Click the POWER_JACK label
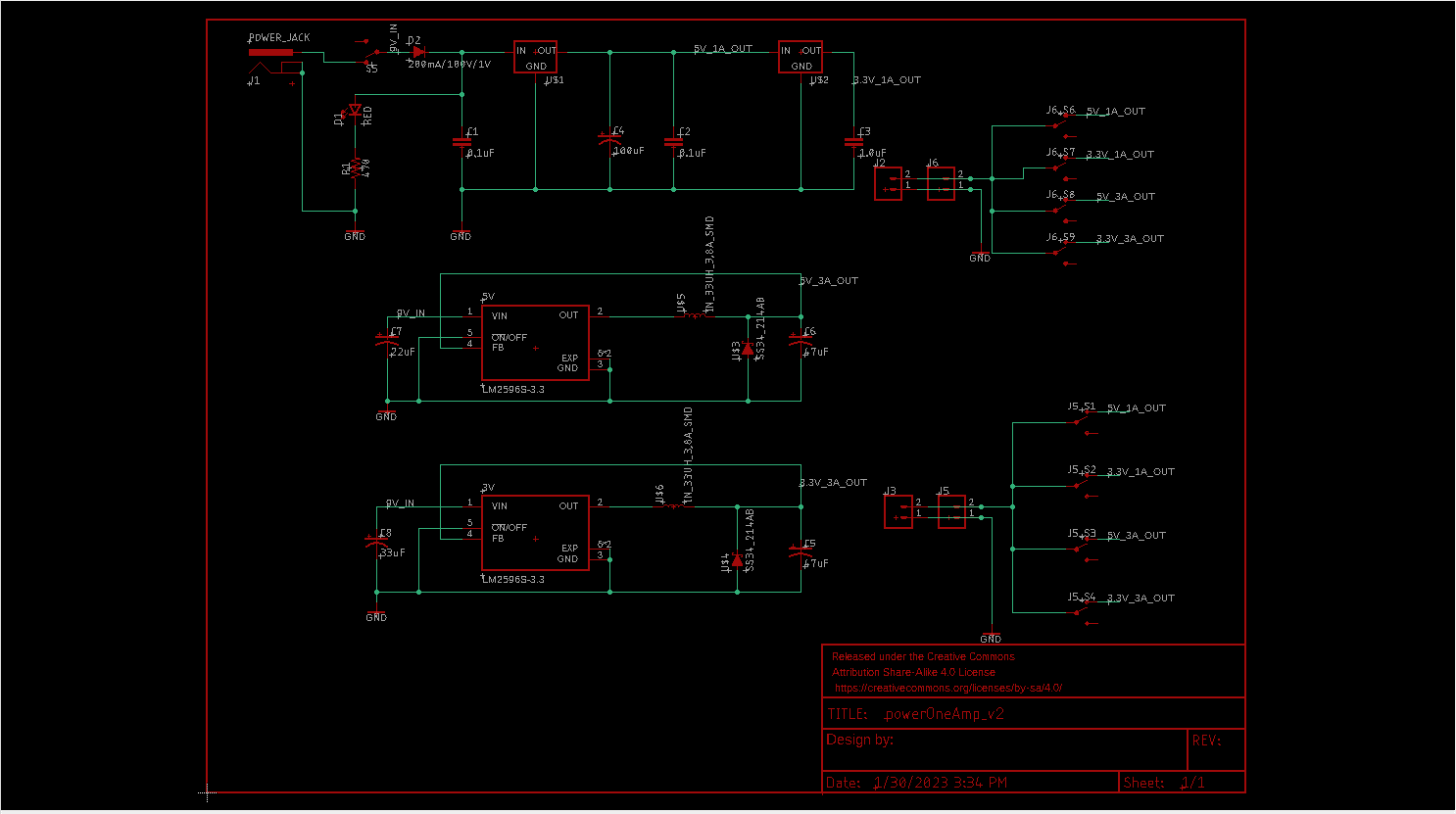coord(279,38)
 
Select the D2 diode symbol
coord(418,52)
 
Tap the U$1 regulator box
coord(535,57)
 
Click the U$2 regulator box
coord(800,57)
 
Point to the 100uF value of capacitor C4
coord(628,152)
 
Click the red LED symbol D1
coord(355,111)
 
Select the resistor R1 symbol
coord(355,168)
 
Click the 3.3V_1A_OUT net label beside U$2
coord(887,80)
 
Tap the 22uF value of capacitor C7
coord(403,352)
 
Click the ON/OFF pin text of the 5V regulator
coord(510,337)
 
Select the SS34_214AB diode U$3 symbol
coord(748,348)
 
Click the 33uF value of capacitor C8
coord(392,552)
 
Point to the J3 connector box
coord(898,510)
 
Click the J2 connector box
coord(888,183)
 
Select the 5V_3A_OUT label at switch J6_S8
coord(1125,197)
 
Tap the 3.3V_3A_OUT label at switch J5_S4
coord(1141,599)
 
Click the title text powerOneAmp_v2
coord(944,714)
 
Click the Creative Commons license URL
coord(947,688)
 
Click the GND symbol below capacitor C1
coord(461,235)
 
